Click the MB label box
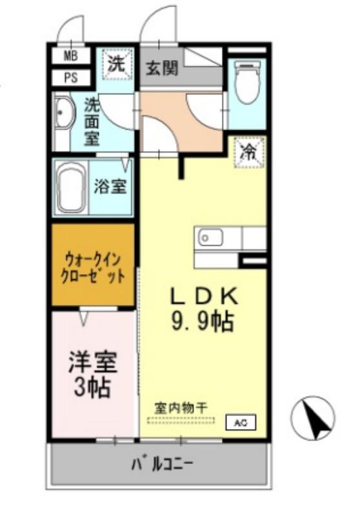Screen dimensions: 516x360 pos(70,55)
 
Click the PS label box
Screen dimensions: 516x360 pos(70,77)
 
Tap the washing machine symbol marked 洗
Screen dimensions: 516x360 pos(117,64)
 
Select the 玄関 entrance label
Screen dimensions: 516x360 pos(161,67)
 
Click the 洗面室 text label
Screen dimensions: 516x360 pos(92,121)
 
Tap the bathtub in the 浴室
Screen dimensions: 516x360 pos(70,187)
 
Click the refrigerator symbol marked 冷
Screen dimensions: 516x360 pos(248,152)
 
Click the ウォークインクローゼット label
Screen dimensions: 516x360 pos(93,265)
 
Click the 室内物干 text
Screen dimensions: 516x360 pos(180,408)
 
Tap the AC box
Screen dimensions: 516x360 pos(240,423)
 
